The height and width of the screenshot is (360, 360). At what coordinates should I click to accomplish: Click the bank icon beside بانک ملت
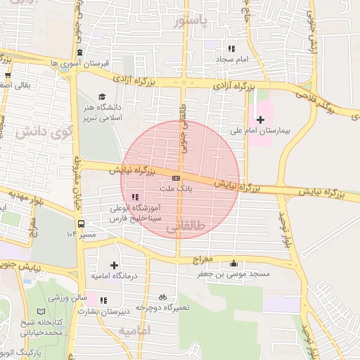[176, 179]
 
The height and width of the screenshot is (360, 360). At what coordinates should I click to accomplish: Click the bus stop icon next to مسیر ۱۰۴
[81, 224]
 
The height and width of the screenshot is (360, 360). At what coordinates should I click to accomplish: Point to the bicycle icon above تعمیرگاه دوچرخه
[163, 297]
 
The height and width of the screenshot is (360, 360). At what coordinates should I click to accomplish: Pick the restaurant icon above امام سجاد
[231, 49]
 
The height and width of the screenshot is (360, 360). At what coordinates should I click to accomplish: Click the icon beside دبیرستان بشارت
[103, 300]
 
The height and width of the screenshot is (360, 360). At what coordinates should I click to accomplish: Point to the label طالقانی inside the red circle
[186, 228]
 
